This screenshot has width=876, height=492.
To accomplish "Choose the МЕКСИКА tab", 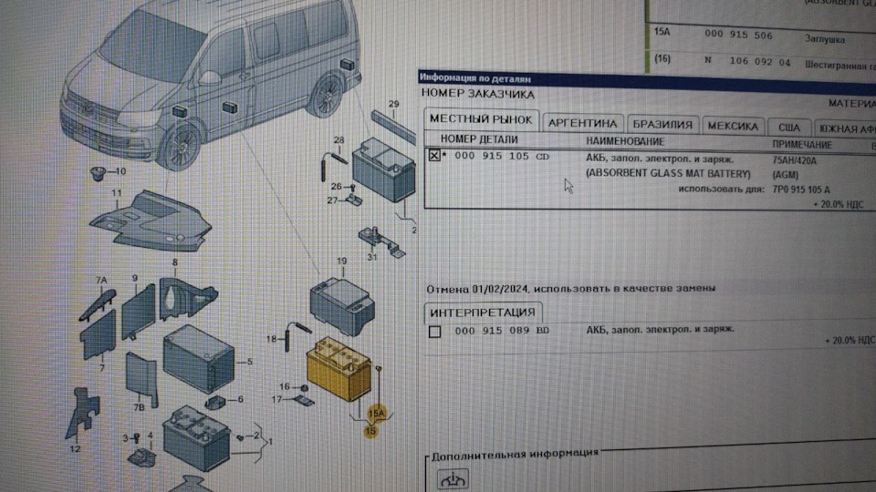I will (733, 126).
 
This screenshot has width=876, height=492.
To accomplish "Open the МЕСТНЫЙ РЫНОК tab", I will (481, 120).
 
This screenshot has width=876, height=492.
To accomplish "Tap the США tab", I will (788, 128).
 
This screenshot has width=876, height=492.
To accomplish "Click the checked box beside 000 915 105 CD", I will (434, 156).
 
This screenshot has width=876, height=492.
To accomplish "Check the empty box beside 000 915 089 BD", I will (434, 331).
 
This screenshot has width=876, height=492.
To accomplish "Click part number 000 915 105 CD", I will (505, 157).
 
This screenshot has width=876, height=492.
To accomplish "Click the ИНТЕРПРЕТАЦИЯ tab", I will (485, 312).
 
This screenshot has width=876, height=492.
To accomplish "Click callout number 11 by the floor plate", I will (117, 193).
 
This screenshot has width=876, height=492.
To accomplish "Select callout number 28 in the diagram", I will (339, 139).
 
